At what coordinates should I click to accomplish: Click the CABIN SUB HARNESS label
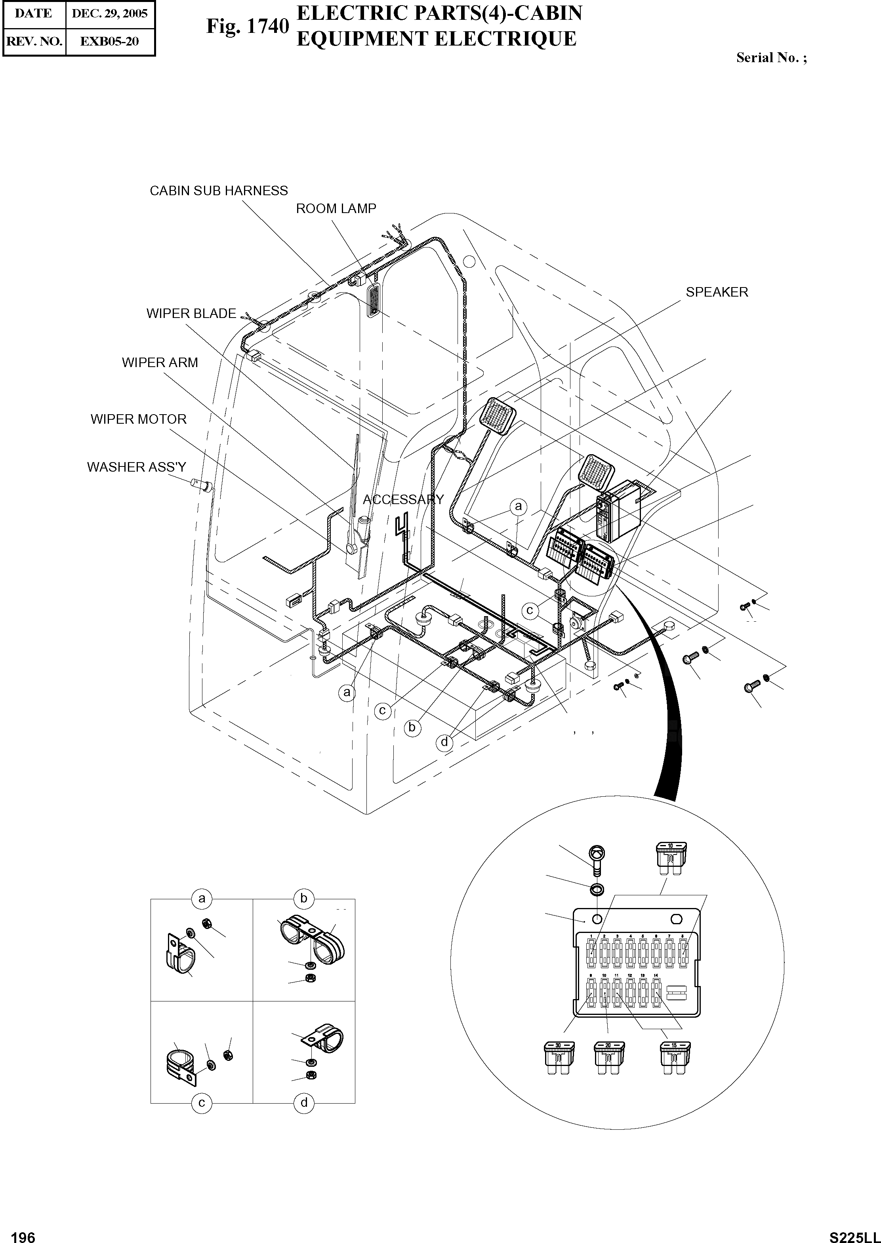219,191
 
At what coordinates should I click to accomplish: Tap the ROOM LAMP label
336,209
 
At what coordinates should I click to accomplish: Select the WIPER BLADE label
191,314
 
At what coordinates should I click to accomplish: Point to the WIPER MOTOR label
138,419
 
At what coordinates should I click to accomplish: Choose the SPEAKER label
717,292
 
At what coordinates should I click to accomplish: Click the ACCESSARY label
403,499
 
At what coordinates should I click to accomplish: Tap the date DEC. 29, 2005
110,13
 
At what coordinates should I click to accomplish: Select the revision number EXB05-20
110,41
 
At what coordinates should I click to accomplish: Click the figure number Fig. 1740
247,27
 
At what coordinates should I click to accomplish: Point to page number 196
23,1233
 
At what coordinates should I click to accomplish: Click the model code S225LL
853,1233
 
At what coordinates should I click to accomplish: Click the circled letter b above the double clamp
304,898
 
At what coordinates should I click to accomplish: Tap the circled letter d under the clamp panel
304,1102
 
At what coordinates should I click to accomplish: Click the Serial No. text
771,58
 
